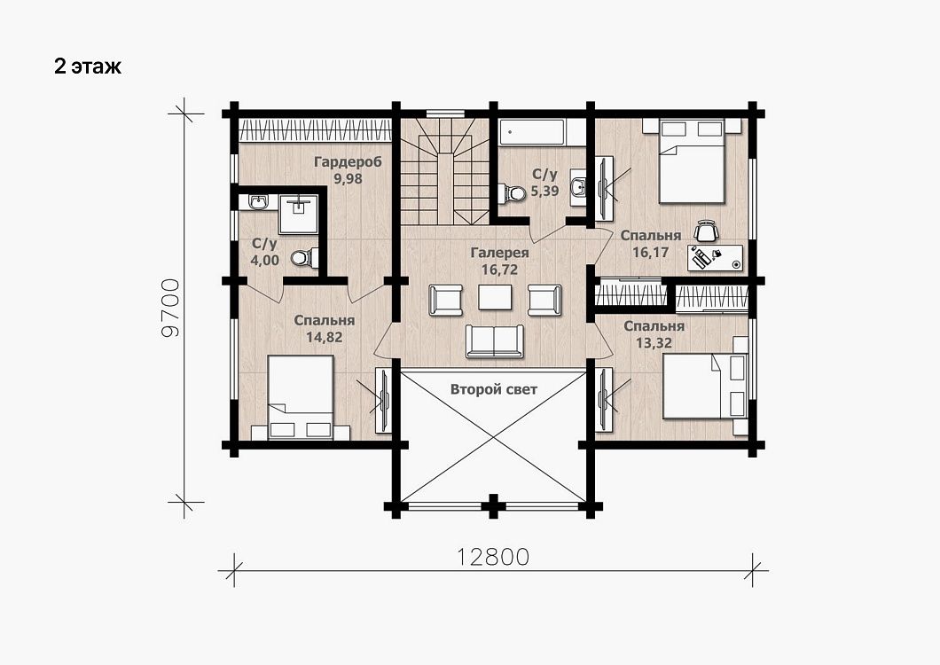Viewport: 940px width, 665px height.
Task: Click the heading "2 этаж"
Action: [88, 66]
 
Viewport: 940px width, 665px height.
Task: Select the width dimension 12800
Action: [494, 557]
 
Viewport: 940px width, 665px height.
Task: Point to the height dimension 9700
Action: [171, 308]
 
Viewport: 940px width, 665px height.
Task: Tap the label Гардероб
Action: [348, 162]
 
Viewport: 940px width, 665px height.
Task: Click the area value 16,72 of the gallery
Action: [499, 270]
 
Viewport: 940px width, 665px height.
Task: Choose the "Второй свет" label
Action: [494, 390]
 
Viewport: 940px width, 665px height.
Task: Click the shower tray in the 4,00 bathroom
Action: [298, 214]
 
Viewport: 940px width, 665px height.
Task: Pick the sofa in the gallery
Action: [495, 341]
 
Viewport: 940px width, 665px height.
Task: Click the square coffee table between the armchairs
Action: [495, 297]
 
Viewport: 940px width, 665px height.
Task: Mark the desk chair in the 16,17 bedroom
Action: [706, 231]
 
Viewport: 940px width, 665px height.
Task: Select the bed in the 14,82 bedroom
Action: [301, 397]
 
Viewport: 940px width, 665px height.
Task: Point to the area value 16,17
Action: [650, 252]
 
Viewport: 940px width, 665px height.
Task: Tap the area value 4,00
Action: [264, 261]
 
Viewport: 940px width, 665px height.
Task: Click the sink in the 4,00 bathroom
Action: [258, 201]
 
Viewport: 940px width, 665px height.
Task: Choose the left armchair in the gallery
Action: [445, 300]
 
